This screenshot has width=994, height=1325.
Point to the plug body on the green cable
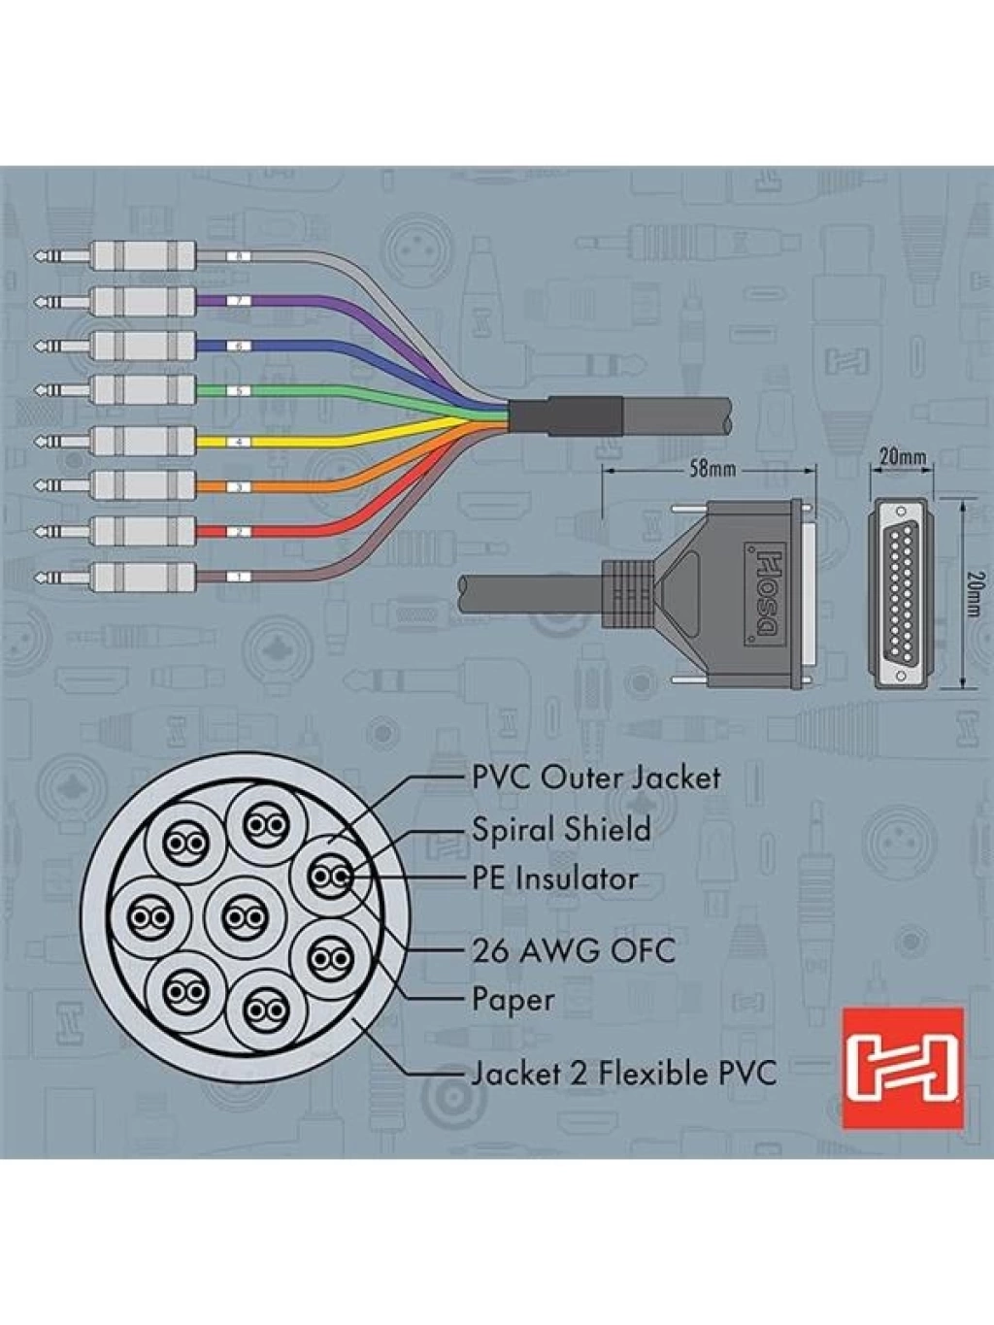coord(144,391)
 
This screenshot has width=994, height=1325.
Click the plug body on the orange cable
coord(144,486)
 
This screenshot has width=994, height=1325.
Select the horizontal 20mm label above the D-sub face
coord(902,456)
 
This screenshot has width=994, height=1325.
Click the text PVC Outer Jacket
coord(596,778)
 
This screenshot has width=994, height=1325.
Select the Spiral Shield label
coord(561,829)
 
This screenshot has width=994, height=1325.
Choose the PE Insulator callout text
coord(554,878)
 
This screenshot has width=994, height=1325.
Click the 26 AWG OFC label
coord(573,952)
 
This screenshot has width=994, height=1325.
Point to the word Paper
coord(513,1000)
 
